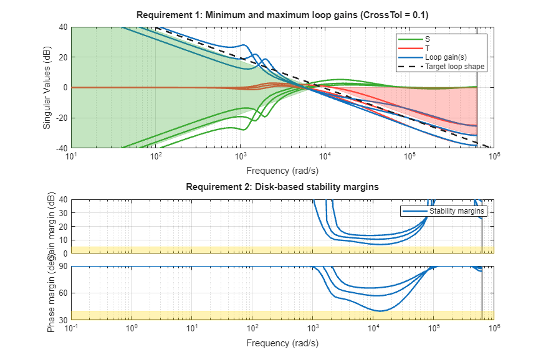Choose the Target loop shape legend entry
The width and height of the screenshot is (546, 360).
click(x=454, y=66)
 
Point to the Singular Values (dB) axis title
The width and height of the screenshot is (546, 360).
click(x=47, y=87)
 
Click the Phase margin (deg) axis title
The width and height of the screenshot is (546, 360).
click(x=52, y=293)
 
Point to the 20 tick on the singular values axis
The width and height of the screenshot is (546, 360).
click(x=63, y=57)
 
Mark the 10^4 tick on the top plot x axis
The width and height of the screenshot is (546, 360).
click(x=325, y=156)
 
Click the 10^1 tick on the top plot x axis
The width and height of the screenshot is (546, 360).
click(x=72, y=156)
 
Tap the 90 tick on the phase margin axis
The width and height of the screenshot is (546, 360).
click(x=63, y=267)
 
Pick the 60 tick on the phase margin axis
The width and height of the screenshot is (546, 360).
click(x=63, y=293)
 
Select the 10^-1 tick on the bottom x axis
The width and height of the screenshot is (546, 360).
click(x=72, y=328)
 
